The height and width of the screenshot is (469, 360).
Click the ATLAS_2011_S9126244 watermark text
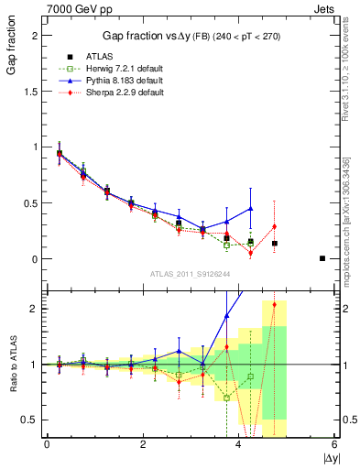click(x=190, y=272)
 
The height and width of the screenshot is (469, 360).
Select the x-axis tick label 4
click(x=239, y=444)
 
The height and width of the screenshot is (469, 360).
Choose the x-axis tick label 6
click(x=335, y=444)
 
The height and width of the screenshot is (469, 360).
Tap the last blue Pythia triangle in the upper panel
click(x=251, y=209)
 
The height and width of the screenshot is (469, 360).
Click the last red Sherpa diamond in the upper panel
click(x=274, y=226)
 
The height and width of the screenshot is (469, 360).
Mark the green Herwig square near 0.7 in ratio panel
click(x=226, y=398)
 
